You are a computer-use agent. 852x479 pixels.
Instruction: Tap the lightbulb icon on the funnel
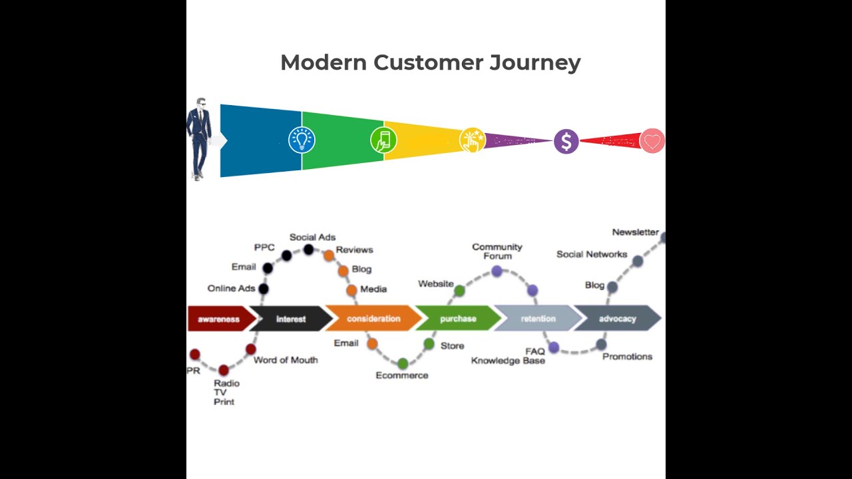302,140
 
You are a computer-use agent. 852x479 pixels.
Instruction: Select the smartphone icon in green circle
383,140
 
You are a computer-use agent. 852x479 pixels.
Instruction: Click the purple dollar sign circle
566,141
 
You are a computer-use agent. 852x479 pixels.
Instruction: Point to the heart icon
652,141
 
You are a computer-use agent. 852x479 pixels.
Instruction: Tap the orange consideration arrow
373,319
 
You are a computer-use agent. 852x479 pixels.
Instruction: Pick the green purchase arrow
458,319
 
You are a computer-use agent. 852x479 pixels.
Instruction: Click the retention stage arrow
538,319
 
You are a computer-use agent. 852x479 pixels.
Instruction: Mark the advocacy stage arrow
617,319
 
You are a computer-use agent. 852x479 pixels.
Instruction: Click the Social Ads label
312,237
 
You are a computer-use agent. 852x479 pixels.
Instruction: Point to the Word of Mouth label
286,360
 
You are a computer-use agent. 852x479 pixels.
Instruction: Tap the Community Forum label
497,251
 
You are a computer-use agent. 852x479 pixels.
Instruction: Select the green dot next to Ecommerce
403,363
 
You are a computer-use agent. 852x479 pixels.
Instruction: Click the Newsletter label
635,232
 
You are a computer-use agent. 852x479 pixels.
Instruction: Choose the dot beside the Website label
459,290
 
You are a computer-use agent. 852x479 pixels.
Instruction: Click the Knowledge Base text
508,361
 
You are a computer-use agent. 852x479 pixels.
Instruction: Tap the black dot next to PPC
286,255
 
